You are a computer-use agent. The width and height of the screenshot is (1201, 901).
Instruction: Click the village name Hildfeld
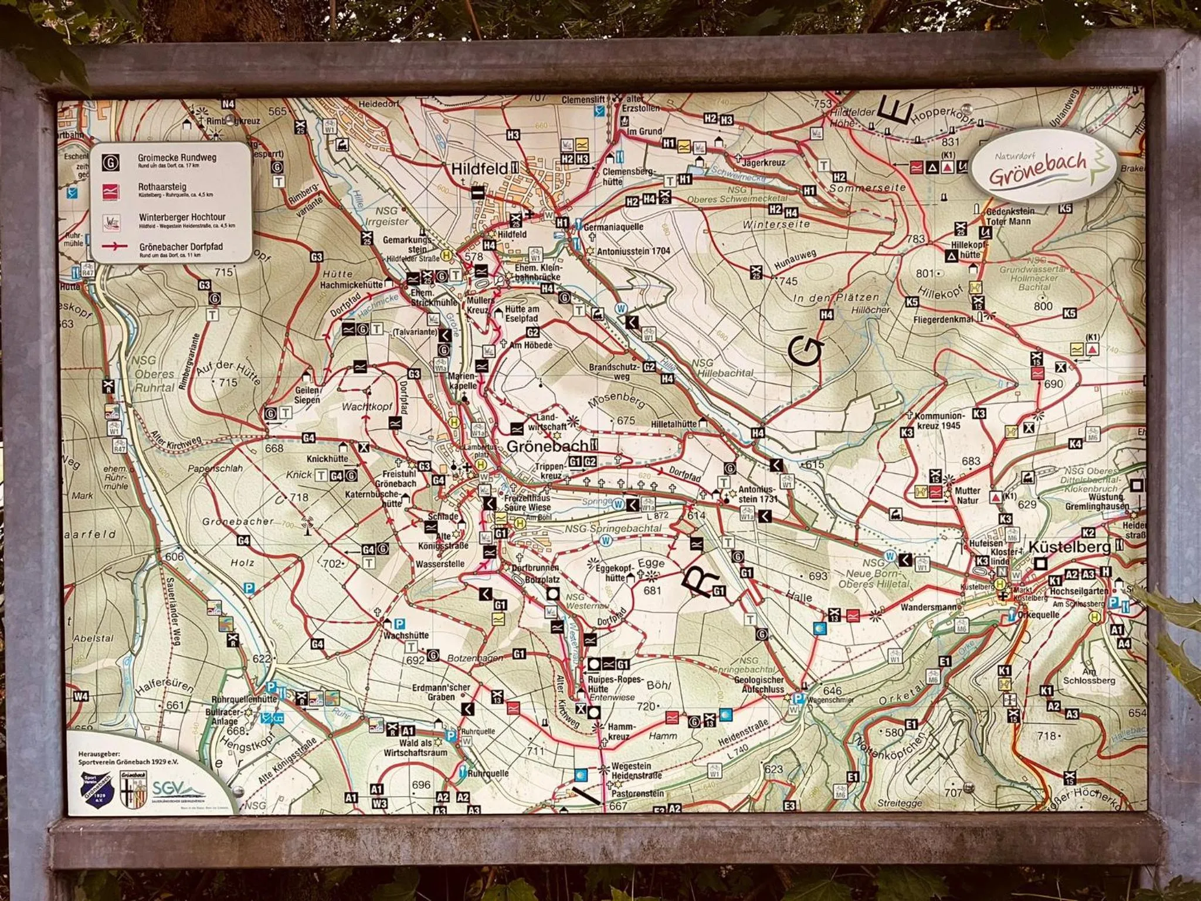point(479,169)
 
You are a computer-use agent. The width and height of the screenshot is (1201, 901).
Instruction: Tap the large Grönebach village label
point(546,446)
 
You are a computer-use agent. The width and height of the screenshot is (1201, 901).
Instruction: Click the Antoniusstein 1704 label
point(633,250)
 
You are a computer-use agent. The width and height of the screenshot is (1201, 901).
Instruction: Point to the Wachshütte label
point(406,635)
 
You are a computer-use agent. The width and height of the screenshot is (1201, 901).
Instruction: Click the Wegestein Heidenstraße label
point(636,771)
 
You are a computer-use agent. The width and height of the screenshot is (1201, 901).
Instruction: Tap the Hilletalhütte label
point(673,424)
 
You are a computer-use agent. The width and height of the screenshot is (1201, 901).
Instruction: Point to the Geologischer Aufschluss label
point(759,685)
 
